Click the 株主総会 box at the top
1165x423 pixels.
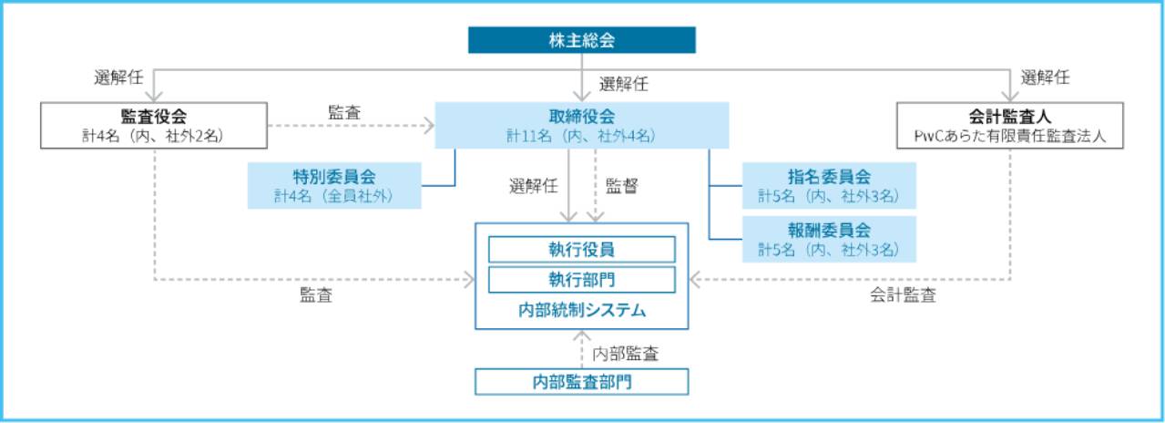click(x=582, y=40)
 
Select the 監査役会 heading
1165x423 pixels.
click(x=154, y=116)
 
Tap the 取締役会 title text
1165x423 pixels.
click(x=582, y=116)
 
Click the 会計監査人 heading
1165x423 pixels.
click(x=1010, y=116)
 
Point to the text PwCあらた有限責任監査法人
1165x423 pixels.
click(x=1010, y=136)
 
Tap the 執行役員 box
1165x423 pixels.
click(x=582, y=249)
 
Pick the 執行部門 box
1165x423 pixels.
click(x=582, y=279)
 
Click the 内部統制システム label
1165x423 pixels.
click(x=582, y=311)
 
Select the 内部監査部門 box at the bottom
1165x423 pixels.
click(x=582, y=381)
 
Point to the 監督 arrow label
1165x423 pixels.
click(x=622, y=185)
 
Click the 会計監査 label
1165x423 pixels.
click(x=903, y=295)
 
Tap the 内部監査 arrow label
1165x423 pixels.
click(x=626, y=353)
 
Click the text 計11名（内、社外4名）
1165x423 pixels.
click(x=582, y=136)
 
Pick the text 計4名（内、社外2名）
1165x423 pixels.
click(x=154, y=136)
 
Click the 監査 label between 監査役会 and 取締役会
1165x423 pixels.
click(x=343, y=112)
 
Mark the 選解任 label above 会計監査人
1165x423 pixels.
click(x=1045, y=77)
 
